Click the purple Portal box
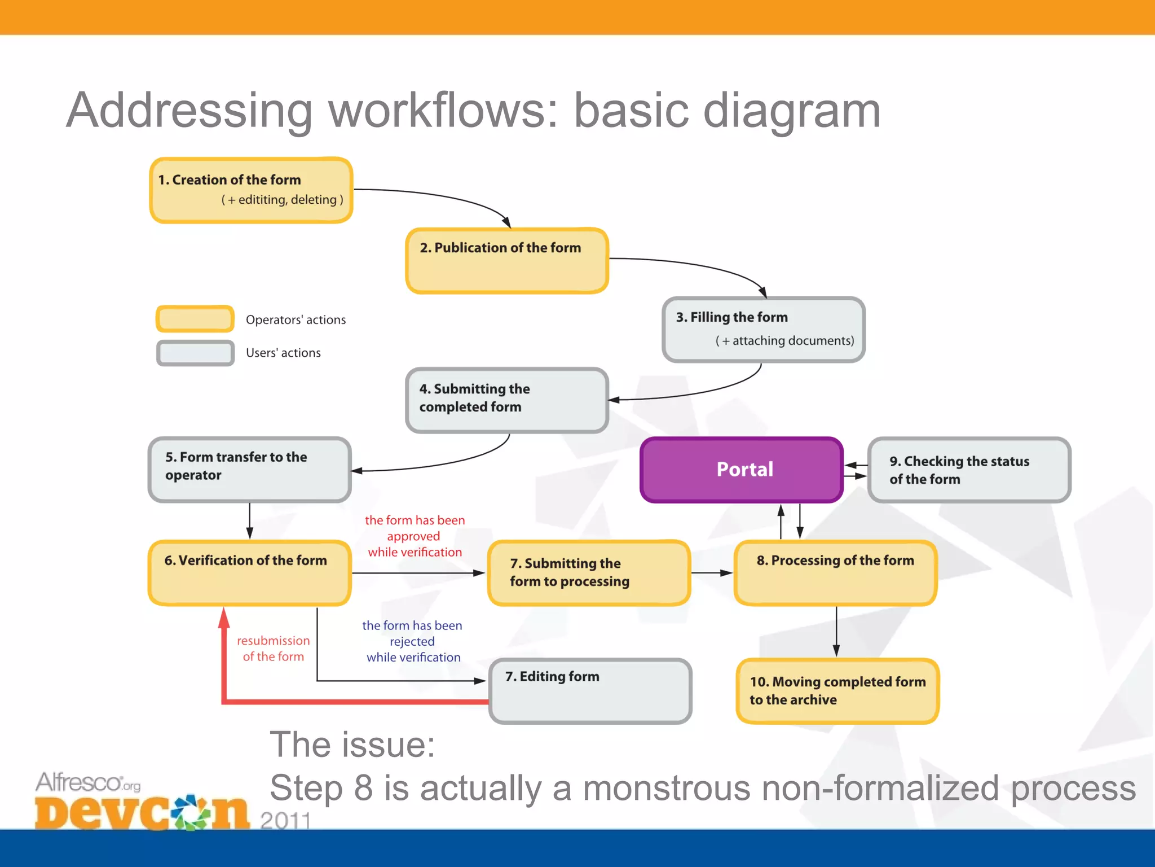point(742,470)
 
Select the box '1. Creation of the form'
point(251,190)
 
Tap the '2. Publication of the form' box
point(507,261)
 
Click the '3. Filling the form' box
point(764,330)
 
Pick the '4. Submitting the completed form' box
point(507,400)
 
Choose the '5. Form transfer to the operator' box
point(250,470)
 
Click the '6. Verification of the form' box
point(250,573)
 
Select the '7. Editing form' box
point(590,691)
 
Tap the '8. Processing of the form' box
point(836,573)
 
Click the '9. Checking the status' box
point(969,470)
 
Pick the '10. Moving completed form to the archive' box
point(837,691)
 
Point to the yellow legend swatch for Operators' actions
point(195,319)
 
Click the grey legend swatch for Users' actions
point(195,353)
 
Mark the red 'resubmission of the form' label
point(273,649)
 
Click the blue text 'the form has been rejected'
point(412,641)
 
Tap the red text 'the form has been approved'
point(415,536)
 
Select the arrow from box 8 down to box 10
point(836,631)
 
